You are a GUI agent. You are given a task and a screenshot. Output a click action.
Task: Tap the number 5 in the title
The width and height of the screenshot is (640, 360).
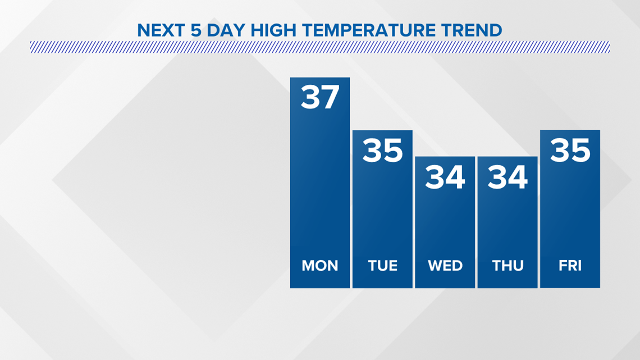coord(196,30)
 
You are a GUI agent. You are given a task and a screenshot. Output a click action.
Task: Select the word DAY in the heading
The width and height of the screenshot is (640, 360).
coord(226,30)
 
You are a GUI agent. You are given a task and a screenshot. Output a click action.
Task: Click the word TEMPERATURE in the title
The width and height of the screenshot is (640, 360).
coord(369,30)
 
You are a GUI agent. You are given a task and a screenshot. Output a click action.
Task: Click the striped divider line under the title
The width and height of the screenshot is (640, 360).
coord(320,47)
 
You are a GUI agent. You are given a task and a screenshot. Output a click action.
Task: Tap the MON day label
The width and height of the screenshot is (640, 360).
coord(320,266)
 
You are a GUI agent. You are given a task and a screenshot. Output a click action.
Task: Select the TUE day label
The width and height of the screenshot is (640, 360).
coord(382,266)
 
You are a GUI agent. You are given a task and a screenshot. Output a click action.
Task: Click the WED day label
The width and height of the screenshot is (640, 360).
coord(445,266)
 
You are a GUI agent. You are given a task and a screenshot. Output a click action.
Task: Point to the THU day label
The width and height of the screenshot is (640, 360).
coord(508,266)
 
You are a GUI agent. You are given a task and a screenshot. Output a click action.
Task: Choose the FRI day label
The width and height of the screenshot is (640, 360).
coord(570,266)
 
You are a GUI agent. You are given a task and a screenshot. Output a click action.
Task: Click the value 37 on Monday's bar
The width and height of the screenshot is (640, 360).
coord(320,97)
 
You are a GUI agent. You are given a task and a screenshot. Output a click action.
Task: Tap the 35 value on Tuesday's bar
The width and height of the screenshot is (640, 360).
coord(382,150)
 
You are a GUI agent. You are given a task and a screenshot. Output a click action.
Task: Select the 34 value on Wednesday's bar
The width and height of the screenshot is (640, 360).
coord(445,177)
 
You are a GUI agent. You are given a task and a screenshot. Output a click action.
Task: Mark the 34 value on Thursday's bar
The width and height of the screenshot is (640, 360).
coord(508,177)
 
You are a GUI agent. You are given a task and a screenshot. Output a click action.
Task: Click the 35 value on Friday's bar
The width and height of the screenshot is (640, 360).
coord(570,150)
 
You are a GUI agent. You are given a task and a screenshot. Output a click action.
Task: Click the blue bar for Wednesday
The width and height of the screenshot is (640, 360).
coord(445,222)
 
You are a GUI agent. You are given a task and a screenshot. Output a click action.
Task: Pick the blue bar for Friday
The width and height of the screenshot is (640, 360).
coord(570,209)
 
